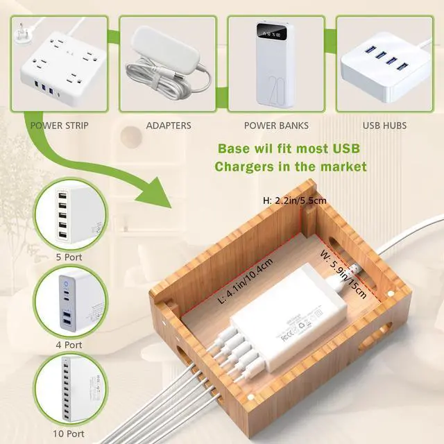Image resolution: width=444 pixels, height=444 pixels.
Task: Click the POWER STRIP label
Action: (x=60, y=126)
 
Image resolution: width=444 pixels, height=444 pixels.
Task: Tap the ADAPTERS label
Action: (x=168, y=126)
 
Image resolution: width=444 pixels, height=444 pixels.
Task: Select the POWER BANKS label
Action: (x=276, y=126)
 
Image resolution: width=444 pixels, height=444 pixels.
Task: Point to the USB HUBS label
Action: (x=384, y=126)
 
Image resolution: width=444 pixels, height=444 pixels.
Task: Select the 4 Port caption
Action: (x=68, y=344)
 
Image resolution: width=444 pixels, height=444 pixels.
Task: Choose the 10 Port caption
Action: (x=68, y=434)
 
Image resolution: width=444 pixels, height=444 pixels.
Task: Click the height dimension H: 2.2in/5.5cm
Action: (x=294, y=200)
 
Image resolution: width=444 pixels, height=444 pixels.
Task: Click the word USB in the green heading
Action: (x=341, y=148)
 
